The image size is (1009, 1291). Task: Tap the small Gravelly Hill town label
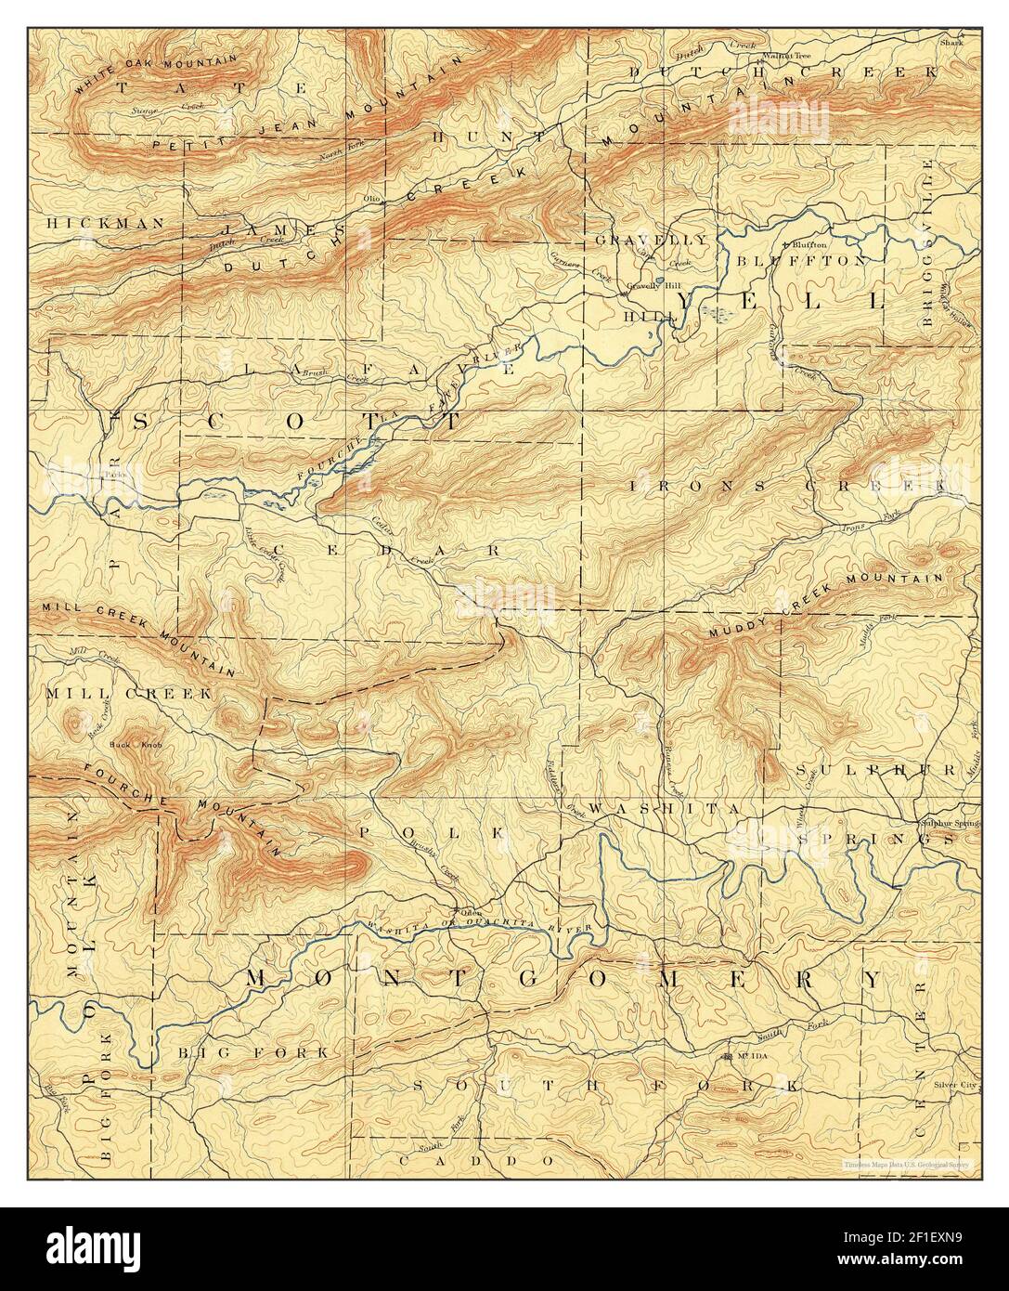point(648,286)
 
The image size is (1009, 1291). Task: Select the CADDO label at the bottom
point(474,1161)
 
